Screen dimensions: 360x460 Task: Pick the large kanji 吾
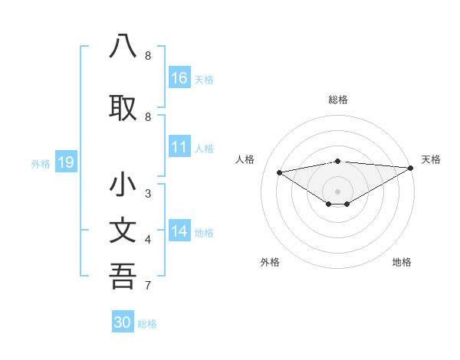pyautogui.click(x=123, y=276)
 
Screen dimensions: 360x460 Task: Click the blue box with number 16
pyautogui.click(x=179, y=78)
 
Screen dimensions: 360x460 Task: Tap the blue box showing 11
pyautogui.click(x=179, y=148)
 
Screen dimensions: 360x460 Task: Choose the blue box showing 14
pyautogui.click(x=179, y=232)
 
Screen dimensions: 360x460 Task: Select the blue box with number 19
pyautogui.click(x=65, y=162)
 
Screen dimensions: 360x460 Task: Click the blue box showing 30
pyautogui.click(x=123, y=322)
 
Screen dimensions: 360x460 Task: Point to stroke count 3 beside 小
pyautogui.click(x=148, y=193)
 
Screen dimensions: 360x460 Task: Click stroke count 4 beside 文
pyautogui.click(x=148, y=240)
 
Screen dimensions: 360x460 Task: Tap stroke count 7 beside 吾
pyautogui.click(x=148, y=286)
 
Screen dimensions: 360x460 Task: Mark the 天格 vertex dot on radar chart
pyautogui.click(x=411, y=168)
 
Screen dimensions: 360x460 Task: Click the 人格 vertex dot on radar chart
pyautogui.click(x=280, y=172)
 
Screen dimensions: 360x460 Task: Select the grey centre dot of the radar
pyautogui.click(x=337, y=191)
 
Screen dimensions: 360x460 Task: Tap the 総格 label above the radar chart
pyautogui.click(x=338, y=100)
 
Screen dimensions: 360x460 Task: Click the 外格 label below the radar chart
pyautogui.click(x=270, y=262)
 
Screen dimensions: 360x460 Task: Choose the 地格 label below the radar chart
pyautogui.click(x=402, y=262)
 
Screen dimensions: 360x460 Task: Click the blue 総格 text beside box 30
pyautogui.click(x=147, y=324)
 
